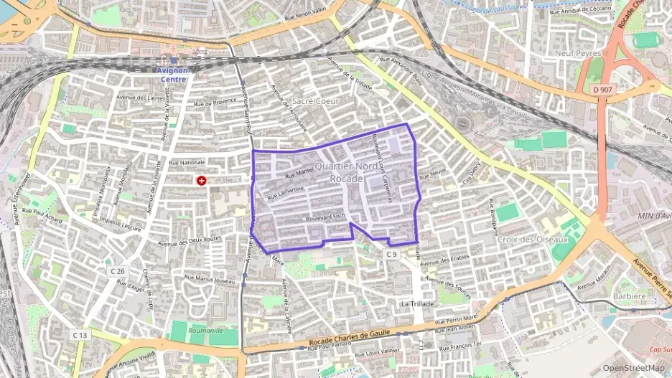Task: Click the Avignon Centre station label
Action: (172, 75)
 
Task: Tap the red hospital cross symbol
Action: (202, 181)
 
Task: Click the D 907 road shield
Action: (605, 90)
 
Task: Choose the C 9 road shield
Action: (391, 254)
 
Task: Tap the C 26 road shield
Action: (118, 271)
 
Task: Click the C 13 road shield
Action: (80, 335)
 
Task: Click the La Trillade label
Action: (417, 304)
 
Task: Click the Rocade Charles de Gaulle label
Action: (353, 339)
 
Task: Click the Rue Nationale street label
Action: (187, 163)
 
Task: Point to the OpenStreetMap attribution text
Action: (634, 369)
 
